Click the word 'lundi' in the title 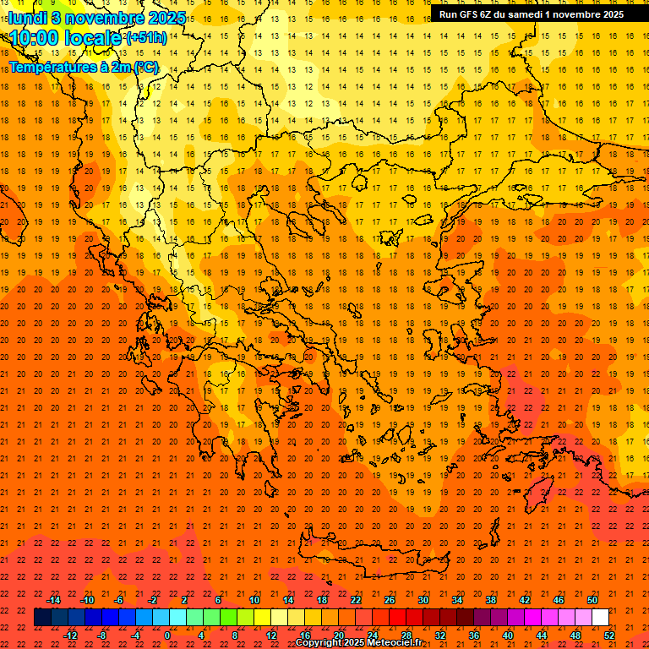coord(27,18)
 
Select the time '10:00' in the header coord(35,38)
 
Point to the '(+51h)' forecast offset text coord(145,38)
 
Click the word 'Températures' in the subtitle coord(52,67)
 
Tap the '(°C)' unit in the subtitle coord(145,67)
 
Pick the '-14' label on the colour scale coord(54,600)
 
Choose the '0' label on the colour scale coord(167,635)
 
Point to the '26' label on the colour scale coord(389,600)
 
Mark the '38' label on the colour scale coord(490,600)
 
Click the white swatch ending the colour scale coord(600,618)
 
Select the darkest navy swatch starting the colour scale coord(42,618)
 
